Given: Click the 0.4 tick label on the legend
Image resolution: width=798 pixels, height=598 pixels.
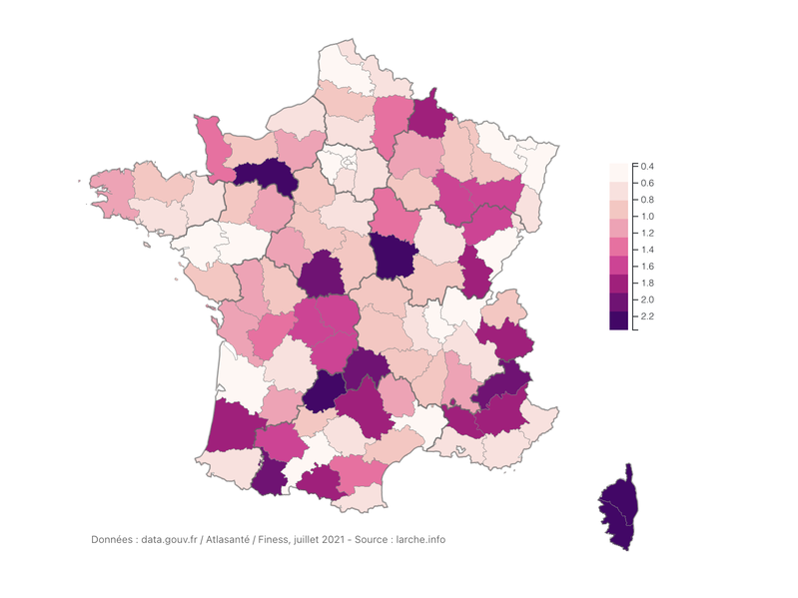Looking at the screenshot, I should coord(648,166).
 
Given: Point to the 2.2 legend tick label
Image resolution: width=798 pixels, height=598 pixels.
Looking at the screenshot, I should coord(648,316).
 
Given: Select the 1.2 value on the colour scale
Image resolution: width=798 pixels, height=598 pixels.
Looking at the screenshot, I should coord(648,233).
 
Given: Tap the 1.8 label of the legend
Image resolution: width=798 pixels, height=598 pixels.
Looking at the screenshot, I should coord(648,283).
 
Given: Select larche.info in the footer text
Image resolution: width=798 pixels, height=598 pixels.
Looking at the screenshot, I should coord(420,539).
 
